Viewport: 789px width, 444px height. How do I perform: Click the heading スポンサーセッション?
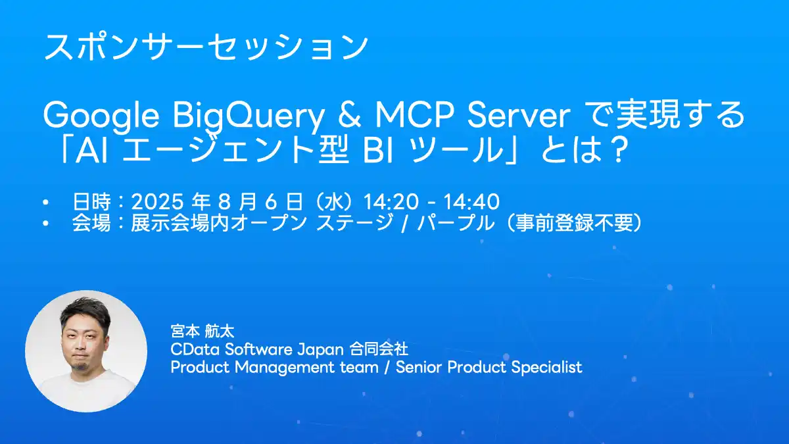pos(206,47)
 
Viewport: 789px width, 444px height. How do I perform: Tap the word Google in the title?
pos(101,116)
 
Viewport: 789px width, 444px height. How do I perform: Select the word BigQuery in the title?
pos(249,116)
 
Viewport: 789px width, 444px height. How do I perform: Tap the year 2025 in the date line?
pos(157,202)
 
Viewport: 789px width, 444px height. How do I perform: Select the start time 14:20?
pos(391,202)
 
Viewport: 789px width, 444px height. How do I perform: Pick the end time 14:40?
pos(471,202)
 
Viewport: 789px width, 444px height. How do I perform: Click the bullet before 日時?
pos(45,203)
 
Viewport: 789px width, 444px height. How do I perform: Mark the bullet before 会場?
pos(45,223)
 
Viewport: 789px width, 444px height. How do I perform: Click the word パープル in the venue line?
pos(456,223)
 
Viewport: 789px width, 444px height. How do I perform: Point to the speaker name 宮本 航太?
pos(203,332)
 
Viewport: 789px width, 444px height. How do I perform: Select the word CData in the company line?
pos(195,349)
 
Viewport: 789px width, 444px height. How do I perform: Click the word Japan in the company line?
pos(321,350)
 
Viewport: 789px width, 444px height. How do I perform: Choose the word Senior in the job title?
pos(419,367)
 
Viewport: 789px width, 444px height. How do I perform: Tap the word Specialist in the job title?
pos(546,368)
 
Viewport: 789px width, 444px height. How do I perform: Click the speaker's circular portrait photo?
pos(86,351)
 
